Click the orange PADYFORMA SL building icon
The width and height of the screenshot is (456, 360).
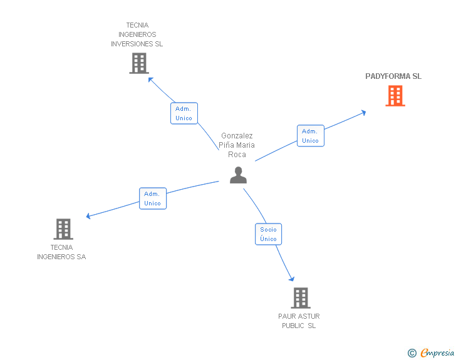pos(395,96)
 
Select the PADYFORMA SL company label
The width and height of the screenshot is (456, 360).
pos(393,76)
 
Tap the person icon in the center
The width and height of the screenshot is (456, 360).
pos(238,175)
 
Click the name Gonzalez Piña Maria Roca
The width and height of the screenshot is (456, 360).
pos(237,145)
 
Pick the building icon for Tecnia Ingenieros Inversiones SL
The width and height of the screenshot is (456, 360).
pos(138,63)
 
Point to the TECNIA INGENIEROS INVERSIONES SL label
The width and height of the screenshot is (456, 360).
pos(137,35)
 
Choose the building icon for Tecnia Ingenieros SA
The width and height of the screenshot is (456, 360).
pos(63,229)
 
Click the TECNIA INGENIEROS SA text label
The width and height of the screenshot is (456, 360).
pos(61,252)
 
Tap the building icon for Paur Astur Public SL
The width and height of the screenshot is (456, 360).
pos(300,298)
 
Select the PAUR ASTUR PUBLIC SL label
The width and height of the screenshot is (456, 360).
pos(299,321)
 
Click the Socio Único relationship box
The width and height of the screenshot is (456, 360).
pos(268,234)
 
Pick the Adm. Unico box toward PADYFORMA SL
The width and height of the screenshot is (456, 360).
pos(310,136)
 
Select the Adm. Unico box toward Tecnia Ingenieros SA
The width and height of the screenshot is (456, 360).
pos(152,198)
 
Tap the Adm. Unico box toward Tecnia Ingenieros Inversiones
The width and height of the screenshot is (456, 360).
pos(184,113)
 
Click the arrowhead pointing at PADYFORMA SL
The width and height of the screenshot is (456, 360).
pos(363,113)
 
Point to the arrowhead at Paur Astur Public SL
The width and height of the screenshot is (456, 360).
pos(291,279)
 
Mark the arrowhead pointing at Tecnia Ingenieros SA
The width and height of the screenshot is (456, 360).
pos(89,217)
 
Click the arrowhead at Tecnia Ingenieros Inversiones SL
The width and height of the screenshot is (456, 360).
pos(150,79)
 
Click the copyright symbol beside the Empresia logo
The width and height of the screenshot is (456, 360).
pos(412,353)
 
